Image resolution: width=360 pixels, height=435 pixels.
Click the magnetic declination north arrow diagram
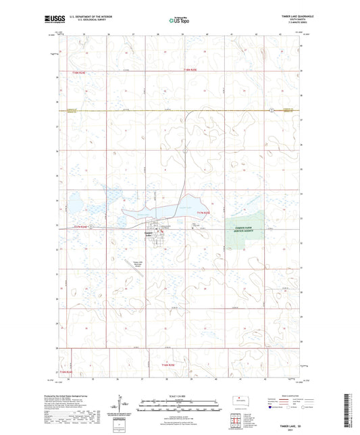[x=123, y=407]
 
